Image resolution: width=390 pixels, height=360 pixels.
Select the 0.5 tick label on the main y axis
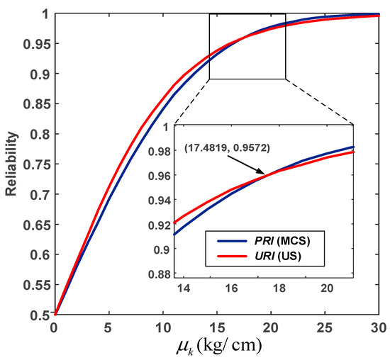[x=40, y=315]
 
